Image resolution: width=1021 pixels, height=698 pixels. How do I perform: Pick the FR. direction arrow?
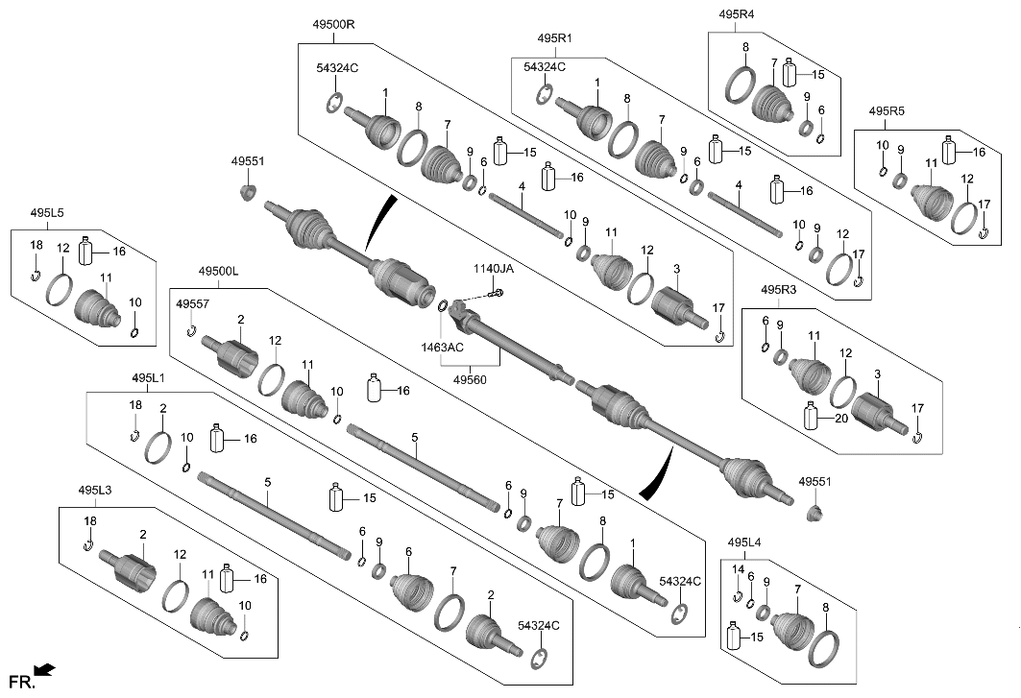(x=43, y=669)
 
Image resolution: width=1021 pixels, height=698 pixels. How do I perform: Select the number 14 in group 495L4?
(x=738, y=569)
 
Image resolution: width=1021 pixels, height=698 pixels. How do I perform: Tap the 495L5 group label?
(x=47, y=212)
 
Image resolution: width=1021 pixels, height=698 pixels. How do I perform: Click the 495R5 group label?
(x=887, y=111)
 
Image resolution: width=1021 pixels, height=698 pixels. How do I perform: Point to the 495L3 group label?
(x=95, y=491)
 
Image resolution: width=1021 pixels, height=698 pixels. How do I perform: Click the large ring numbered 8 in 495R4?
(x=741, y=85)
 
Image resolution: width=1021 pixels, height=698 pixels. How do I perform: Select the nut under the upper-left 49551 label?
(x=247, y=195)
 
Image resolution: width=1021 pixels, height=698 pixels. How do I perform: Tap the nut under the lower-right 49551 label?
(x=814, y=514)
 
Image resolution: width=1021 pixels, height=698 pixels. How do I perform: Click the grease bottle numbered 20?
(x=812, y=418)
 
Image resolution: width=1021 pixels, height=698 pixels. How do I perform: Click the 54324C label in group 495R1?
(x=545, y=66)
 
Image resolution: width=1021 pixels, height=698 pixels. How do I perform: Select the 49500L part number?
(x=218, y=272)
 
